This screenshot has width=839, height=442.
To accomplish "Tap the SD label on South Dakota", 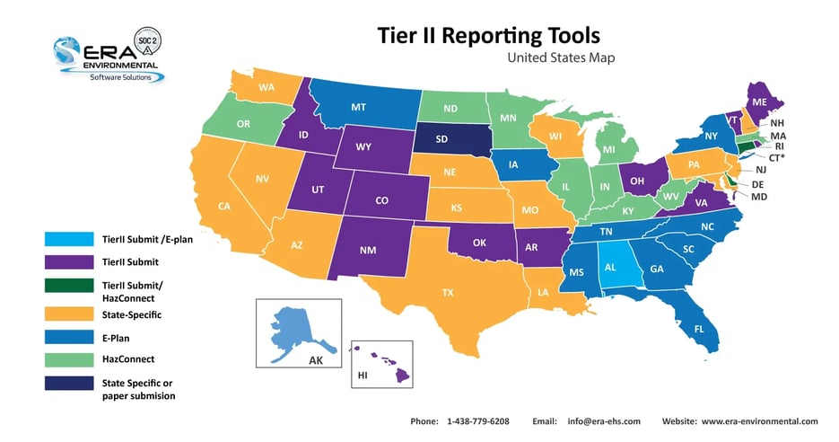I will (x=442, y=139).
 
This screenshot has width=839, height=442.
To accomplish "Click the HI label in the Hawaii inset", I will (x=363, y=374).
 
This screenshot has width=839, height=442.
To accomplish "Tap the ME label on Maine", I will (x=759, y=102).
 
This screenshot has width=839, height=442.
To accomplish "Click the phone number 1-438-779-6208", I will (x=478, y=421).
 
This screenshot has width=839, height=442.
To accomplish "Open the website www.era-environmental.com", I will (x=759, y=421).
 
